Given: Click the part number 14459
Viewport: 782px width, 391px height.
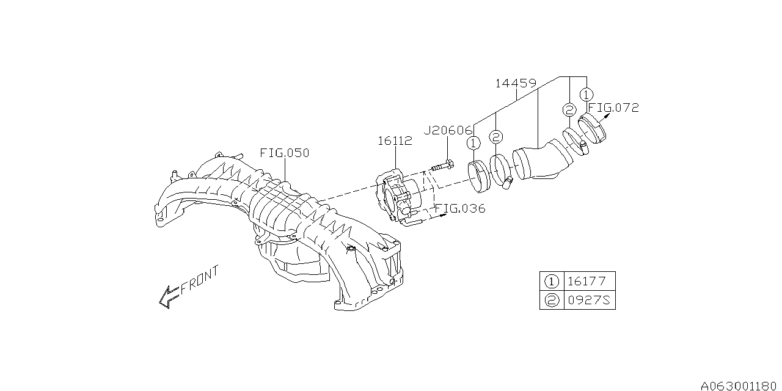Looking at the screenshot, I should pyautogui.click(x=516, y=83).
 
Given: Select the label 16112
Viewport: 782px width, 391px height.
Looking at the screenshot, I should pyautogui.click(x=394, y=141).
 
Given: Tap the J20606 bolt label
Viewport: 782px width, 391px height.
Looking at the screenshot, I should pyautogui.click(x=448, y=130).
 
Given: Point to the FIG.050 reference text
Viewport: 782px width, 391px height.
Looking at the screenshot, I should pyautogui.click(x=284, y=153).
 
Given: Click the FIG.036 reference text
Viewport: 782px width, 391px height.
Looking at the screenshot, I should pyautogui.click(x=461, y=209).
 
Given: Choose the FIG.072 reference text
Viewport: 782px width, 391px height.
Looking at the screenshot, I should pyautogui.click(x=613, y=108).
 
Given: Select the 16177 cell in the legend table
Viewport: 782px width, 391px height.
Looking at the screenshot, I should pyautogui.click(x=586, y=282).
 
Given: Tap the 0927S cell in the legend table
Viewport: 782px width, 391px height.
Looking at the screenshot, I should pyautogui.click(x=586, y=301).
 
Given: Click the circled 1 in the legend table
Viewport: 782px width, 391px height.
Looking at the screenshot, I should pyautogui.click(x=551, y=282).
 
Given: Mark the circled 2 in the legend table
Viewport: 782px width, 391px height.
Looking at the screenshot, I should pyautogui.click(x=551, y=301).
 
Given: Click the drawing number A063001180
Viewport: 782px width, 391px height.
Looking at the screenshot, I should pyautogui.click(x=740, y=386).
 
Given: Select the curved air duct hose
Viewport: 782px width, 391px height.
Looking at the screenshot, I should pyautogui.click(x=541, y=161).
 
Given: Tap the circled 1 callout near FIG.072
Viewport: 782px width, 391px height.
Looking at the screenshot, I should pyautogui.click(x=586, y=95).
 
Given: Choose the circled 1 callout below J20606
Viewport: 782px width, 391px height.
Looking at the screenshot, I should pyautogui.click(x=474, y=143).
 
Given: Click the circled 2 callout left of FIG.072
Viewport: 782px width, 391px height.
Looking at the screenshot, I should pyautogui.click(x=569, y=110).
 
